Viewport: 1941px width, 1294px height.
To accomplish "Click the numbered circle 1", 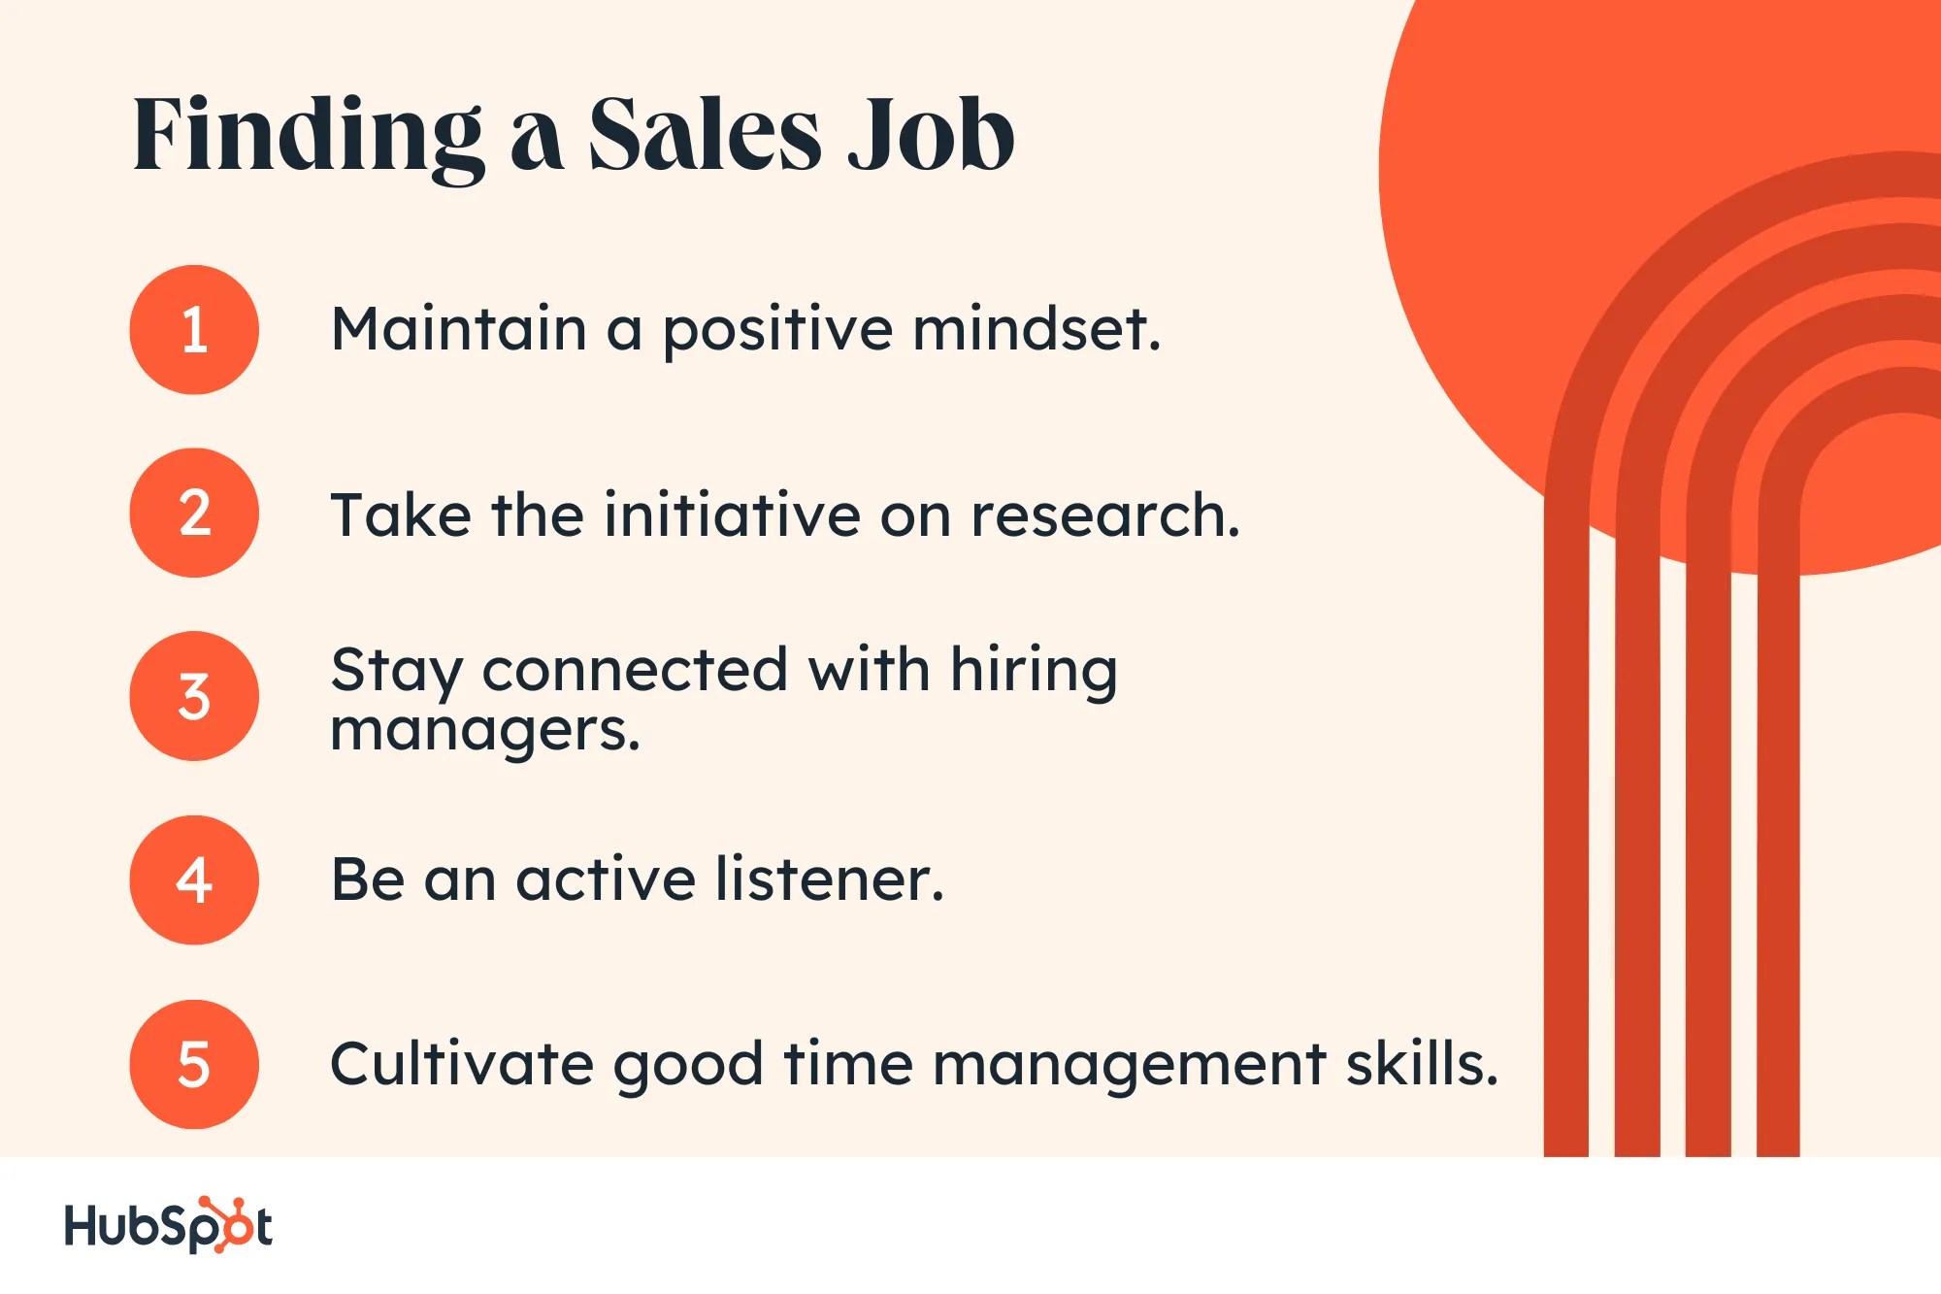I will click(194, 330).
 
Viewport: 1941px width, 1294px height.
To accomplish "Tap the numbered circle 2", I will click(194, 513).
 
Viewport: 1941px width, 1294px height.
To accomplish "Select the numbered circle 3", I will click(194, 696).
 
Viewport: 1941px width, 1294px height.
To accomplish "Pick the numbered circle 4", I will click(194, 879).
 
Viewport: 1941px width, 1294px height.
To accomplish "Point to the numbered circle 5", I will click(194, 1064).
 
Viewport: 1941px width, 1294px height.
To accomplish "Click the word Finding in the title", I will click(308, 136).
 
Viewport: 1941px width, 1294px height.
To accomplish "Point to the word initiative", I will click(732, 514).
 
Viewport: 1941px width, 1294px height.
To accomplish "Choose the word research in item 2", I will click(1104, 514).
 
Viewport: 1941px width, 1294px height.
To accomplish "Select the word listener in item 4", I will click(829, 879).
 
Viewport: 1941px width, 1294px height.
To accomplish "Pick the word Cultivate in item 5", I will click(462, 1064).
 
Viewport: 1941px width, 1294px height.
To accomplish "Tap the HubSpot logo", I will click(168, 1225).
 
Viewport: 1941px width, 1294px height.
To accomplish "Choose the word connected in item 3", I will click(635, 670).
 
